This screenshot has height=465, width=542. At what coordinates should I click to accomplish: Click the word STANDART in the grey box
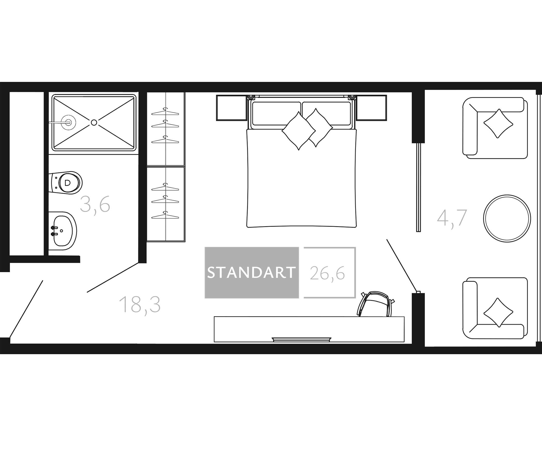[x=251, y=273]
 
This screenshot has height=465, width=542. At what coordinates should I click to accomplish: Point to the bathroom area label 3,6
[x=95, y=204]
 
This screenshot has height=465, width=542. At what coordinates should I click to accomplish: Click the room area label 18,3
[x=140, y=304]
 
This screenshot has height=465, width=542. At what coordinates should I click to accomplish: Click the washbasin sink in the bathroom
[x=62, y=231]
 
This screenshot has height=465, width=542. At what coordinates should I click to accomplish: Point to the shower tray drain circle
[x=94, y=122]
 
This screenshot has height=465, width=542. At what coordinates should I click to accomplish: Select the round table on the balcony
[x=507, y=218]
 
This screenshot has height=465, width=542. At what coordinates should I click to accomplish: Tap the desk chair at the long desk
[x=375, y=304]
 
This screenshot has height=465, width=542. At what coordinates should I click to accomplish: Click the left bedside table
[x=232, y=108]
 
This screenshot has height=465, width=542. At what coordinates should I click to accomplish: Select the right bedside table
[x=371, y=108]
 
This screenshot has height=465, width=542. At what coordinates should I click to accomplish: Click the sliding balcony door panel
[x=419, y=187]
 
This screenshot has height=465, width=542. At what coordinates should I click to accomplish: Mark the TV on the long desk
[x=302, y=340]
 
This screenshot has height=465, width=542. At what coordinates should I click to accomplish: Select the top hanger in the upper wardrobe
[x=165, y=112]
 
